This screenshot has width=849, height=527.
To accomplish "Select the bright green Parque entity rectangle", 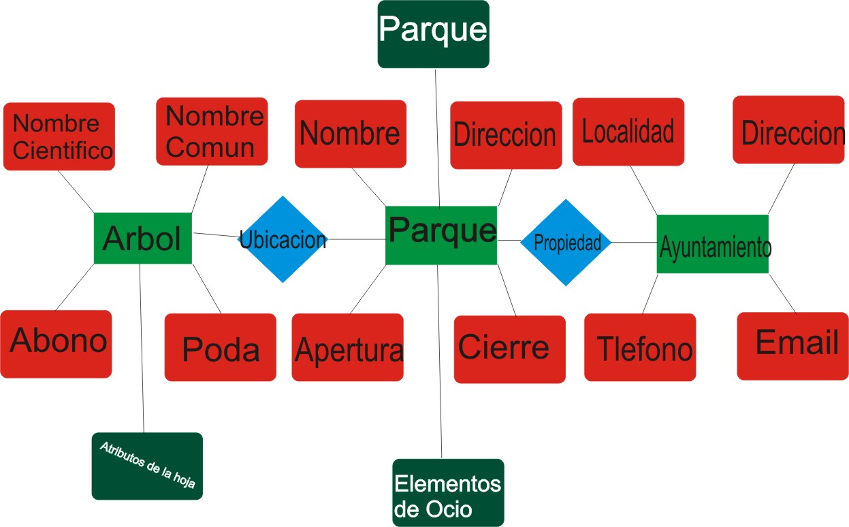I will [x=440, y=235].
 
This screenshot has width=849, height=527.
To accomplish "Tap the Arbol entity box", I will [x=142, y=238].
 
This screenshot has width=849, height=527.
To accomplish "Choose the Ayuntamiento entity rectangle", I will [x=712, y=244].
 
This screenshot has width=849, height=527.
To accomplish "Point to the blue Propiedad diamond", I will [x=566, y=242].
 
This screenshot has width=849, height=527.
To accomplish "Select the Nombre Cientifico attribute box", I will [x=59, y=136].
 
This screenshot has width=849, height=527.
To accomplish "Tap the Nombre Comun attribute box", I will [x=212, y=132].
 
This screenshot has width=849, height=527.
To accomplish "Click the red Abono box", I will [x=56, y=344].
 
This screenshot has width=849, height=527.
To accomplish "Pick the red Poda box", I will [x=220, y=347].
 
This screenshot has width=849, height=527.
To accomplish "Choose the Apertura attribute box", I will [x=347, y=347].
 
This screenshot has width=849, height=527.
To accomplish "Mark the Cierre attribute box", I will [x=509, y=349].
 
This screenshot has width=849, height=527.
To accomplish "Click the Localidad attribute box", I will [x=628, y=132].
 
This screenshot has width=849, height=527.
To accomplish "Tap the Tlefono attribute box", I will [x=640, y=347].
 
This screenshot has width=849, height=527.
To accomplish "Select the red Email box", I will [x=792, y=346].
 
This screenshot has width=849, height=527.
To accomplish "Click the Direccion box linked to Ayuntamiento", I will [x=788, y=130].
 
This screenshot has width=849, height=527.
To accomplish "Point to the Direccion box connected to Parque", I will [x=506, y=135].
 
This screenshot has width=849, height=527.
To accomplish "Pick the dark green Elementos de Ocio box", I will [x=448, y=492].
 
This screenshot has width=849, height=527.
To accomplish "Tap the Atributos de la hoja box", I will [x=147, y=466].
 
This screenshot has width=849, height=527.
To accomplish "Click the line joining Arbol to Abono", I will [x=74, y=287].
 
